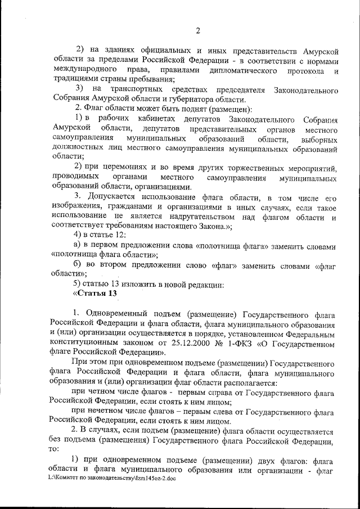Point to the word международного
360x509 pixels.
point(77,70)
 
